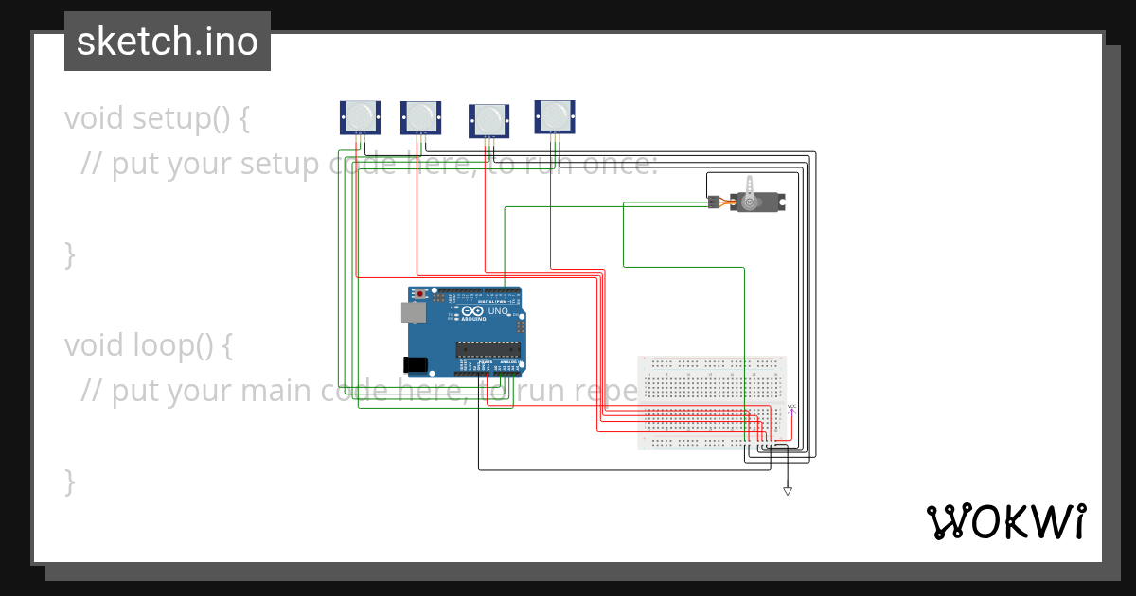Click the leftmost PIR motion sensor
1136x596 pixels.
(x=359, y=117)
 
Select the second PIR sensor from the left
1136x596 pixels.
(x=419, y=117)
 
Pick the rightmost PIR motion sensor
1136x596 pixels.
(x=555, y=116)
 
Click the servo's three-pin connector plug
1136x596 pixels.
(x=713, y=202)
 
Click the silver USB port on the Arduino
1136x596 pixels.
(x=413, y=312)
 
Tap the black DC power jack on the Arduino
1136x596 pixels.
(x=415, y=364)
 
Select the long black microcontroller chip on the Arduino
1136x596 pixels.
(x=488, y=349)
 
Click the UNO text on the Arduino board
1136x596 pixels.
(x=498, y=311)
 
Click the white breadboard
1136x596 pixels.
(x=712, y=402)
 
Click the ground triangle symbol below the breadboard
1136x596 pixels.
(x=787, y=491)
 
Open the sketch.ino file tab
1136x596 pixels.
(x=168, y=42)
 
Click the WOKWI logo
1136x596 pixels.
(x=1005, y=521)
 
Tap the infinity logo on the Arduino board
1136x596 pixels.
(x=470, y=310)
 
